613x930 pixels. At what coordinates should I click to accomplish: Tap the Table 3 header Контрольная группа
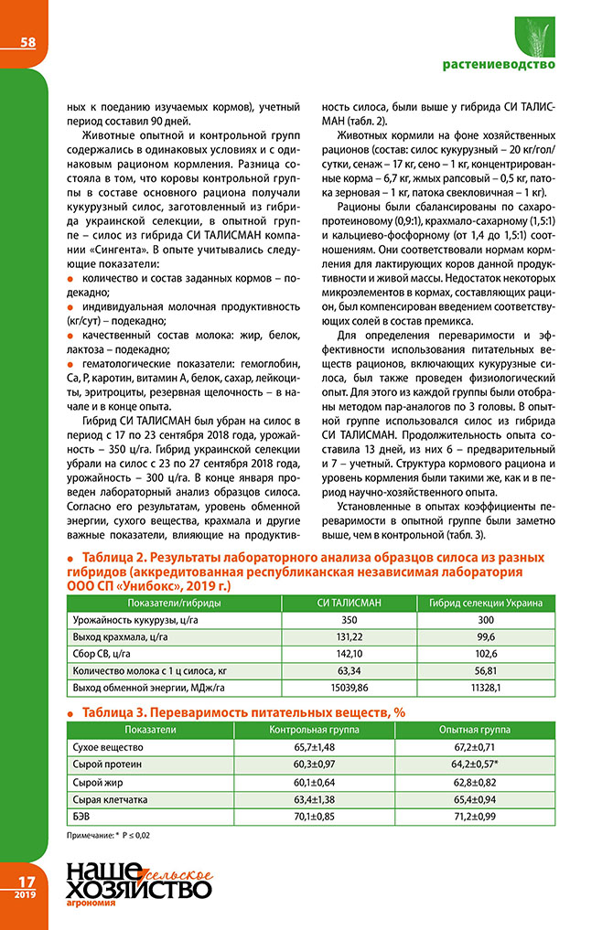(313, 730)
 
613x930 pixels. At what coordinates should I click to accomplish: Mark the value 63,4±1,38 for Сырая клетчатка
(313, 799)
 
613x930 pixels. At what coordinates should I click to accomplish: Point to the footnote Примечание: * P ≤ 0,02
(113, 836)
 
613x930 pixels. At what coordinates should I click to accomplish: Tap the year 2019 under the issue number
(24, 894)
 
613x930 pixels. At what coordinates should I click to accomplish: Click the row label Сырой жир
(95, 782)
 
